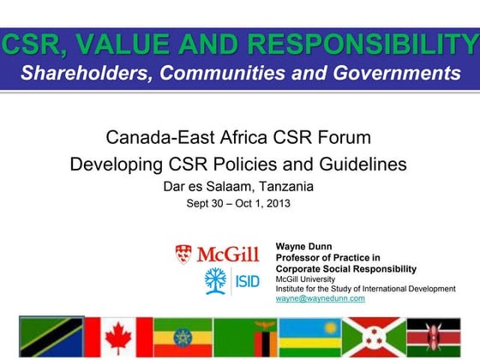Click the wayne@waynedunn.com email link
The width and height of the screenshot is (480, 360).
321,298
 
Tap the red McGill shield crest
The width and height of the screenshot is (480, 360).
183,254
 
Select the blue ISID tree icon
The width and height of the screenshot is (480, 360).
218,279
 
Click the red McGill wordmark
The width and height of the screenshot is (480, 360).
230,255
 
